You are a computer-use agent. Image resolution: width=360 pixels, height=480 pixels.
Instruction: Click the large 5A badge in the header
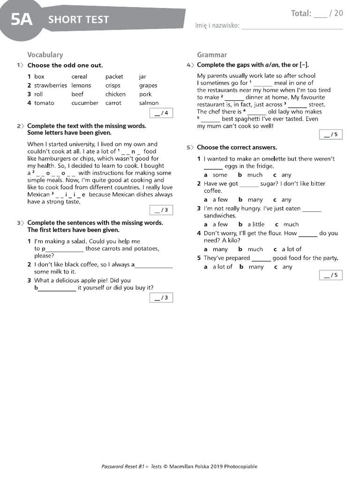pyautogui.click(x=22, y=19)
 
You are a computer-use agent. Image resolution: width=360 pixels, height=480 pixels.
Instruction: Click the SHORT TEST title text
pyautogui.click(x=78, y=20)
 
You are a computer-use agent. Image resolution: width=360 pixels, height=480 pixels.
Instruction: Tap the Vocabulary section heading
pyautogui.click(x=45, y=55)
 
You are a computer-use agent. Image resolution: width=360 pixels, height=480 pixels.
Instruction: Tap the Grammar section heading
pyautogui.click(x=212, y=55)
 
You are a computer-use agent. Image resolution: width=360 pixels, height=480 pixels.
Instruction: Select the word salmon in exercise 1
pyautogui.click(x=149, y=103)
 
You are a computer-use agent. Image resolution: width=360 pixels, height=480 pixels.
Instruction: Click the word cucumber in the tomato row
pyautogui.click(x=85, y=103)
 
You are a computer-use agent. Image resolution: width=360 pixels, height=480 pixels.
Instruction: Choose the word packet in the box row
pyautogui.click(x=114, y=77)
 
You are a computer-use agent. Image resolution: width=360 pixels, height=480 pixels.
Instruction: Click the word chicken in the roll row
pyautogui.click(x=115, y=94)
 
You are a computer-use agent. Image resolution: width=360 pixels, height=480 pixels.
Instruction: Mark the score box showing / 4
pyautogui.click(x=161, y=113)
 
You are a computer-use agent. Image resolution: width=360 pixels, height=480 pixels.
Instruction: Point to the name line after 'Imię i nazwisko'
pyautogui.click(x=292, y=27)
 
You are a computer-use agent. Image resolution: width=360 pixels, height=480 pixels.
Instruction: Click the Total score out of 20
pyautogui.click(x=317, y=14)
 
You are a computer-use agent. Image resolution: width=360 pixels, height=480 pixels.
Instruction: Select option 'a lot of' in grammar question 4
pyautogui.click(x=291, y=249)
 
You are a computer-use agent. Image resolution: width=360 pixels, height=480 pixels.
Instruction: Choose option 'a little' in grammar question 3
pyautogui.click(x=256, y=225)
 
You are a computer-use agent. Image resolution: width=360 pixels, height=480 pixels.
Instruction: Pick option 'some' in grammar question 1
pyautogui.click(x=220, y=175)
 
